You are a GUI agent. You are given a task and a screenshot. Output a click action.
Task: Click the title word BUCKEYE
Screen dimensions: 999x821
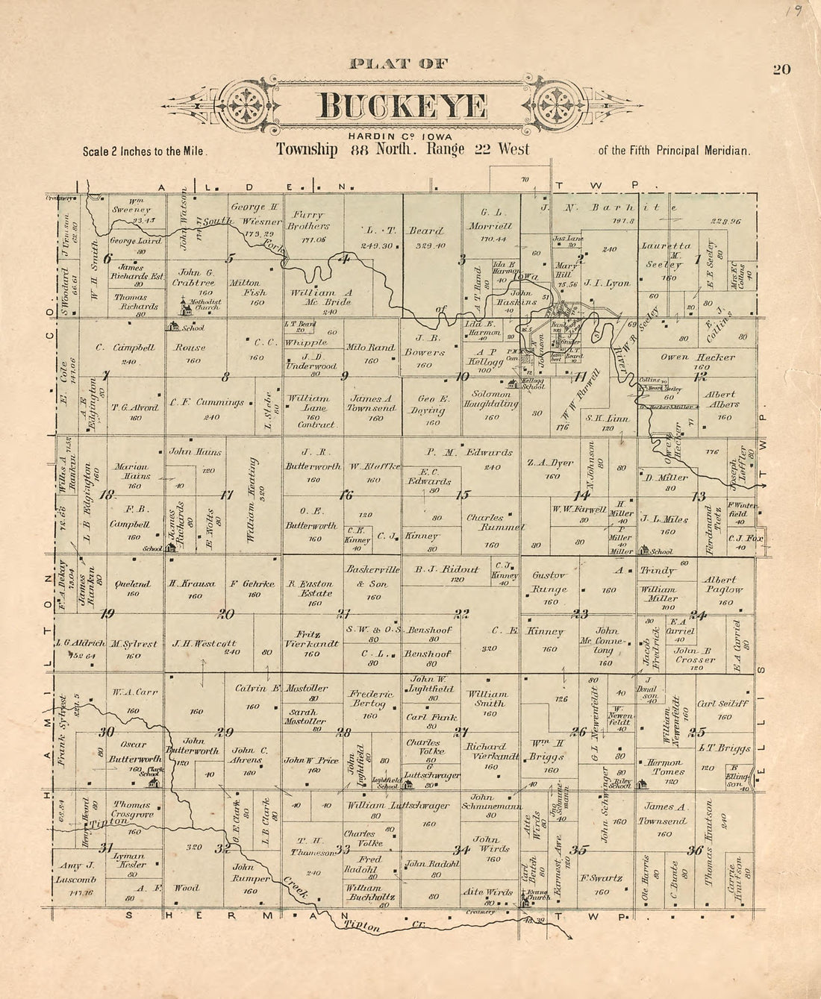(402, 107)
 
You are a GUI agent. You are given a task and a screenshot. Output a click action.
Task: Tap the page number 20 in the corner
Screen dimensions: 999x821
(781, 70)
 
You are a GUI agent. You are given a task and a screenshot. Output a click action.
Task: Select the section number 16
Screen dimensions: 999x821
(346, 495)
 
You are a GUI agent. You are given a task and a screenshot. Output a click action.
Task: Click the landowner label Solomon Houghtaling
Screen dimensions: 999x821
(490, 410)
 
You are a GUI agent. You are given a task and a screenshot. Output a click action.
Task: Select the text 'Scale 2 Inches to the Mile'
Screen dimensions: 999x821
(145, 151)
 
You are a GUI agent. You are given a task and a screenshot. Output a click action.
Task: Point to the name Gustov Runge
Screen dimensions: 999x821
(550, 582)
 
